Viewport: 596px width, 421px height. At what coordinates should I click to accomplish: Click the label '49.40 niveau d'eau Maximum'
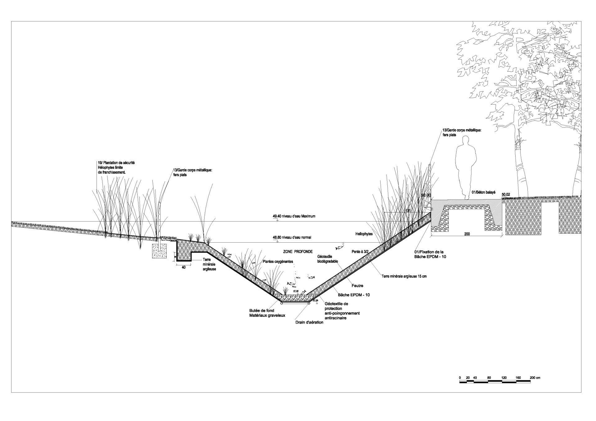(294, 216)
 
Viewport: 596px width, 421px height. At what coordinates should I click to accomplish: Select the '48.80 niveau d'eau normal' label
(292, 237)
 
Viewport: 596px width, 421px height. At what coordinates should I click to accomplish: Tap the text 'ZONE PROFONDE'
(298, 252)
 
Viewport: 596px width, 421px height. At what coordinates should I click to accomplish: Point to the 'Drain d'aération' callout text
(309, 322)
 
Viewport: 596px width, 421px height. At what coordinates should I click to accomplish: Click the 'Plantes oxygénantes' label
(278, 262)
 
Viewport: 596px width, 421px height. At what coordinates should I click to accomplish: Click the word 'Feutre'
(358, 285)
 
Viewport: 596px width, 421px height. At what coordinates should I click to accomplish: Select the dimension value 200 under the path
(467, 234)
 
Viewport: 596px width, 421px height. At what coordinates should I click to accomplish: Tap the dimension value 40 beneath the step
(183, 266)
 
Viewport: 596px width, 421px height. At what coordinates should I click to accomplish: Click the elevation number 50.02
(506, 195)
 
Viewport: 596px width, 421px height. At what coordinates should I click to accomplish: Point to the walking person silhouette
(466, 168)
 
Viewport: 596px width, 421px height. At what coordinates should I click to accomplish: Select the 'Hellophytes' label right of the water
(364, 234)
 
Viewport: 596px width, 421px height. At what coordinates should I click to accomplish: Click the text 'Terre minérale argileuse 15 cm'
(404, 276)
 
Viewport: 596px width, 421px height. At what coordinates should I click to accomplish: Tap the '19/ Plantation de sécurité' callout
(116, 163)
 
